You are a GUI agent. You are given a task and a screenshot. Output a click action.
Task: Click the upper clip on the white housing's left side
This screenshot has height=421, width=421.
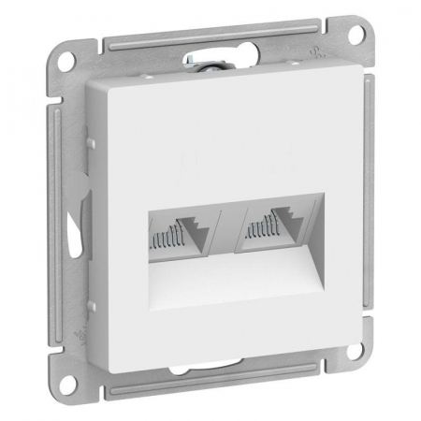tap(92, 142)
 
